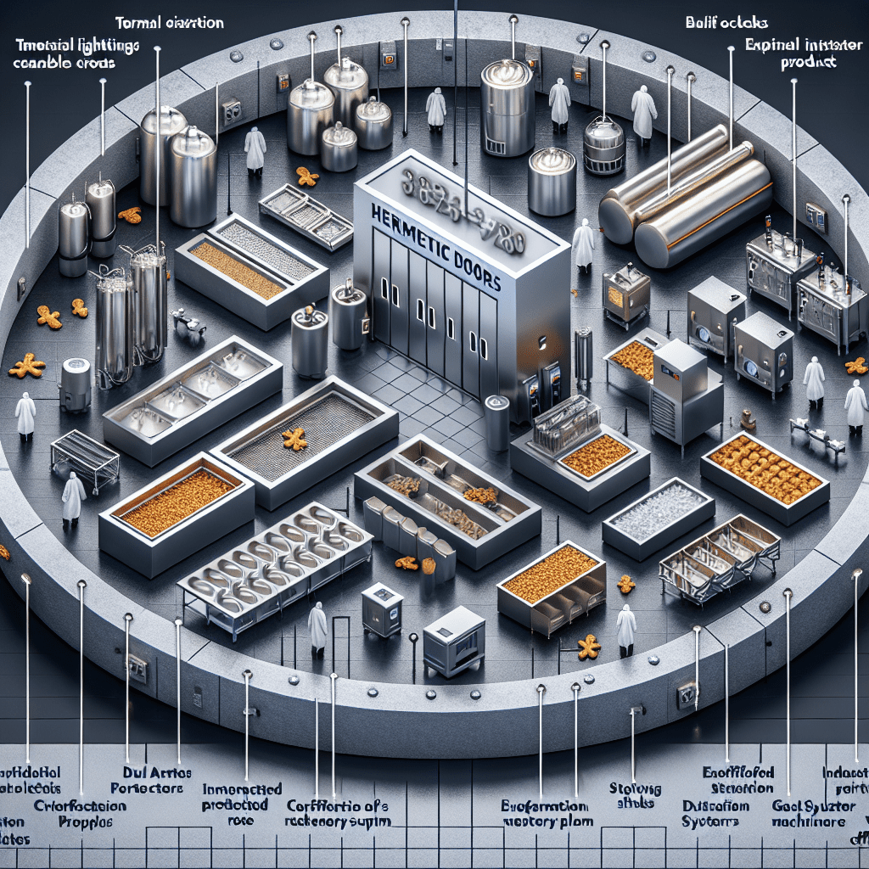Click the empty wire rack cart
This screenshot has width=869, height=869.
[x=84, y=459]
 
